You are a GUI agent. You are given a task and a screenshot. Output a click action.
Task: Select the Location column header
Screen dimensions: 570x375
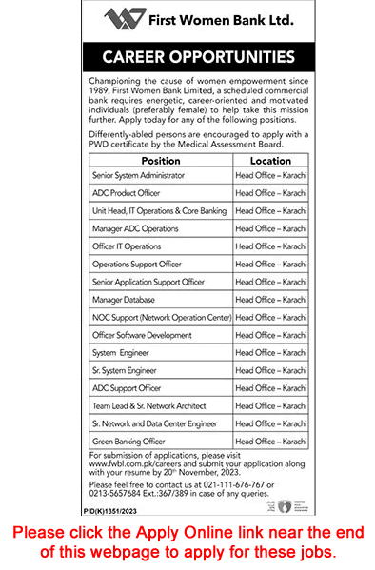(269, 162)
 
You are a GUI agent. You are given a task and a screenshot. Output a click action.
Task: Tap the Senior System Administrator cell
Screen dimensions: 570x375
(137, 176)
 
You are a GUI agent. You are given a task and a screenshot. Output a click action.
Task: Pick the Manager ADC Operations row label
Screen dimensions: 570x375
(135, 229)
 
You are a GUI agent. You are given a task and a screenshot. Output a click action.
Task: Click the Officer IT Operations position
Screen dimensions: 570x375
(127, 246)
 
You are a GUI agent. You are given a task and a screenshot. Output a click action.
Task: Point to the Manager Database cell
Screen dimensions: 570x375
(125, 300)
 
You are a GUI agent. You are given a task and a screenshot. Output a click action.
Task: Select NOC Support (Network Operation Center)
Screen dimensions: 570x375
(161, 317)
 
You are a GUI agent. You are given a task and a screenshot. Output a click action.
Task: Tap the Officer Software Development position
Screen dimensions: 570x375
(142, 335)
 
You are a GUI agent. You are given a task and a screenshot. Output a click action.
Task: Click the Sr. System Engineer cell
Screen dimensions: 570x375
(124, 370)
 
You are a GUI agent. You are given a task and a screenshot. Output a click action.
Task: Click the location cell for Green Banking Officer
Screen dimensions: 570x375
(270, 441)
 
